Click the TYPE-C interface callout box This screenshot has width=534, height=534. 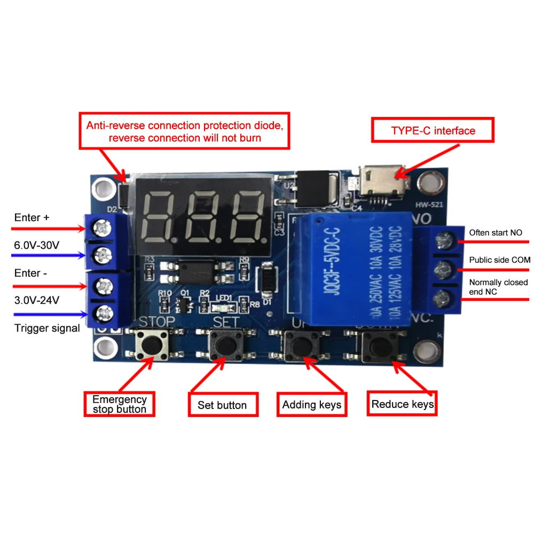pyautogui.click(x=433, y=131)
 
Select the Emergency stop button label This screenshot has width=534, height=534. pyautogui.click(x=119, y=404)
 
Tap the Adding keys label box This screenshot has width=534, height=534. pyautogui.click(x=311, y=405)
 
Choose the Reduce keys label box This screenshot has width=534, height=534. pyautogui.click(x=403, y=404)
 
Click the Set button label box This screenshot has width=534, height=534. pyautogui.click(x=222, y=405)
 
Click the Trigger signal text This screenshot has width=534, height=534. pyautogui.click(x=47, y=328)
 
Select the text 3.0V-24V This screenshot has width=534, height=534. pyautogui.click(x=37, y=300)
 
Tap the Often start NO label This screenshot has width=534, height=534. pyautogui.click(x=496, y=232)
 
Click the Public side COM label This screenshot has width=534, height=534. pyautogui.click(x=500, y=260)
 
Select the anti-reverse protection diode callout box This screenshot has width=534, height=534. pyautogui.click(x=184, y=131)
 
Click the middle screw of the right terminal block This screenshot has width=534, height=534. pyautogui.click(x=441, y=268)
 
